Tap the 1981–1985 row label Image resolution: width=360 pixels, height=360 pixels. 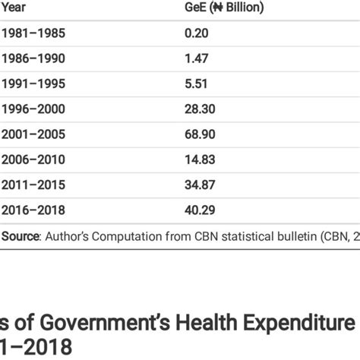tap(33, 33)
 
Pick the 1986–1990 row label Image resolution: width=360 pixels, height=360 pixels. tap(33, 58)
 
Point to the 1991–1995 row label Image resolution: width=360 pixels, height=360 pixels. tap(33, 83)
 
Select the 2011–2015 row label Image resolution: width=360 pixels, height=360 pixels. tap(33, 185)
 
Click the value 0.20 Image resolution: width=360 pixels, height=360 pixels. tap(196, 33)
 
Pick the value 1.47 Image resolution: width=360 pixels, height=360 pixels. tap(196, 58)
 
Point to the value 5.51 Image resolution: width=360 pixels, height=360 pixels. tap(196, 83)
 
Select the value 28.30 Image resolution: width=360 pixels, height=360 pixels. tap(199, 109)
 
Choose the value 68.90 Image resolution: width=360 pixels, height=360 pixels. tap(199, 134)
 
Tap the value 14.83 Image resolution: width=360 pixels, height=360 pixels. tap(199, 159)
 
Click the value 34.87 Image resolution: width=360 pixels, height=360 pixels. tap(199, 185)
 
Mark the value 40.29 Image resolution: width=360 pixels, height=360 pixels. tap(199, 210)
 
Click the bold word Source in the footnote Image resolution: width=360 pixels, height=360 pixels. tap(21, 237)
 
